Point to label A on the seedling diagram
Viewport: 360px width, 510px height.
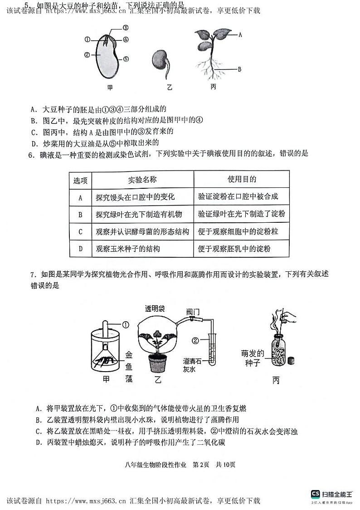[x=240, y=34]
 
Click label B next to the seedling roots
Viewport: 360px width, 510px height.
[x=239, y=69]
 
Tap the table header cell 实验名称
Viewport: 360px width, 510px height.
[x=142, y=180]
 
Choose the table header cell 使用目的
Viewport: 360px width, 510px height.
[x=242, y=179]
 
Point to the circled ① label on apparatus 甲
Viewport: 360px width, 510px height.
[x=126, y=324]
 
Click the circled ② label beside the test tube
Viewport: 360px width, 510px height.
[x=195, y=339]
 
